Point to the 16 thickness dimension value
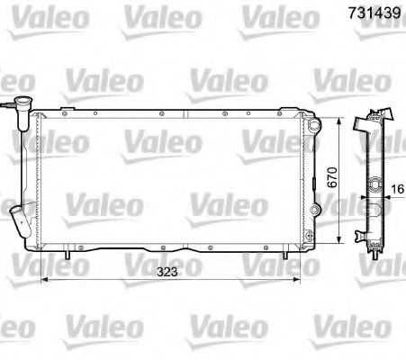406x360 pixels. point(397,190)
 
